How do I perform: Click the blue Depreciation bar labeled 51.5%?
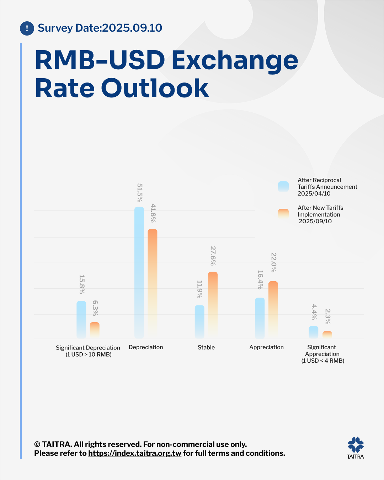(x=139, y=272)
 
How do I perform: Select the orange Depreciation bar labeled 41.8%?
(x=153, y=283)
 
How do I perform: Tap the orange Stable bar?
(x=213, y=304)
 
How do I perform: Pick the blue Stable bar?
(x=199, y=321)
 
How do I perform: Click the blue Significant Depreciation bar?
(x=81, y=319)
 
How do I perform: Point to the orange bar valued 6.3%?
(x=95, y=330)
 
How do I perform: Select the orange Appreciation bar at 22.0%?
(x=273, y=309)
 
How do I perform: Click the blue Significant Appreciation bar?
(x=313, y=332)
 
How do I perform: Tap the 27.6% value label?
(x=213, y=256)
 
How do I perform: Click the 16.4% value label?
(x=260, y=279)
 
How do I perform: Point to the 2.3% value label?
(x=327, y=316)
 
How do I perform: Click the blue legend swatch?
(x=283, y=186)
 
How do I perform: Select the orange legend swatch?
(x=283, y=214)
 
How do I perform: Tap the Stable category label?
(x=206, y=347)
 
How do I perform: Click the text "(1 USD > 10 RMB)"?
(x=89, y=354)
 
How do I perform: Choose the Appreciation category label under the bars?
(x=266, y=347)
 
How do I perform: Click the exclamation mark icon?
(x=27, y=28)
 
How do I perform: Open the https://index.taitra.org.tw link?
(x=135, y=453)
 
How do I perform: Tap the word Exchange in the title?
(x=235, y=60)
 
